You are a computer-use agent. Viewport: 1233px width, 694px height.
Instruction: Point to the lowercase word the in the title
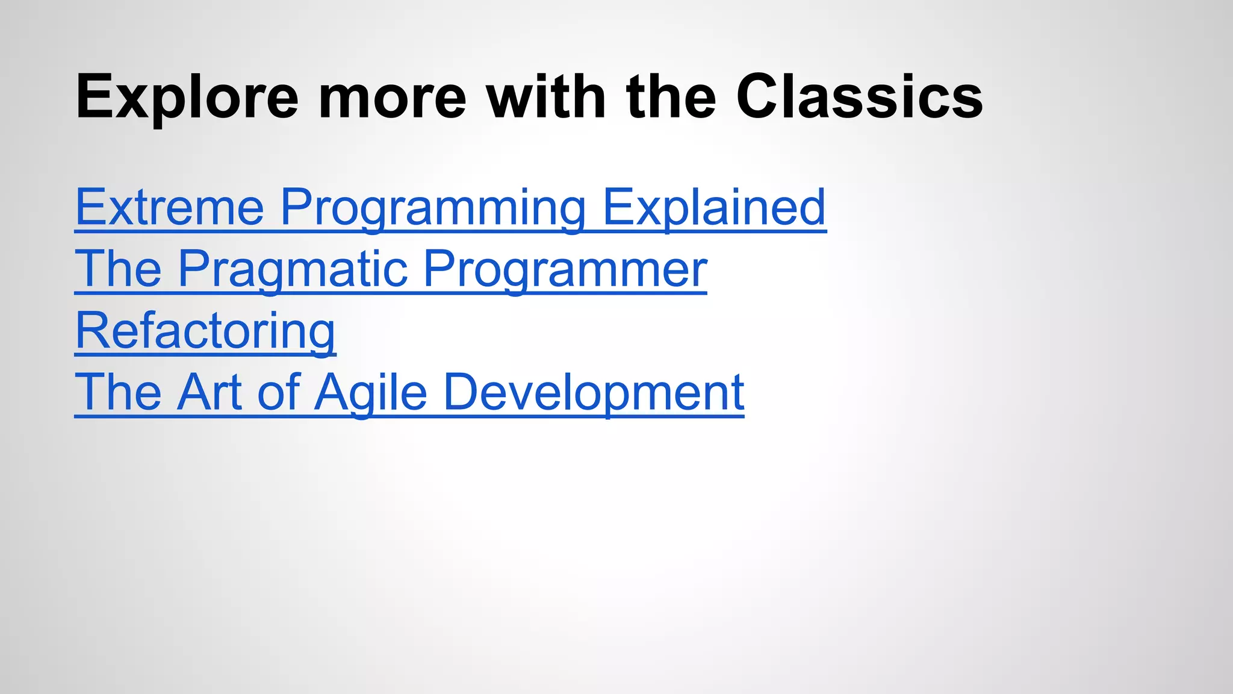tap(671, 96)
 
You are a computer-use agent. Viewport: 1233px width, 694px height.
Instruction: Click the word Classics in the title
tap(859, 96)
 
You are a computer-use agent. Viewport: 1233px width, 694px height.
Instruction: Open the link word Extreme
tap(170, 207)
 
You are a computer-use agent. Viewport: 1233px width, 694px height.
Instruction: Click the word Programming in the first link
tap(433, 207)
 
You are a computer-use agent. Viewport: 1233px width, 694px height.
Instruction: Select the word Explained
tap(714, 207)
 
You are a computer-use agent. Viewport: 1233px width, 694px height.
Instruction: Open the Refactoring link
tap(205, 331)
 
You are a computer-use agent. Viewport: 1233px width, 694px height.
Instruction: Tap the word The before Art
tap(119, 392)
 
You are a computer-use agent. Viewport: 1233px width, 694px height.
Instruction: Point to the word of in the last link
tap(279, 392)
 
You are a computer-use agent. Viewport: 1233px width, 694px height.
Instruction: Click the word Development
tap(594, 392)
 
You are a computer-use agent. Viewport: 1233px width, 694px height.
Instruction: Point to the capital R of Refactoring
tap(91, 331)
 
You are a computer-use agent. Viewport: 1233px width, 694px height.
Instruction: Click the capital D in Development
tap(461, 392)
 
